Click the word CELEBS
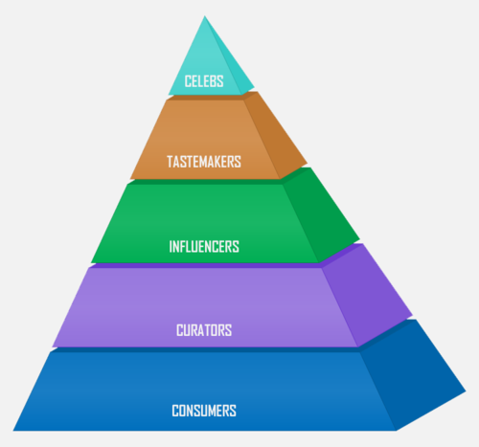pyautogui.click(x=204, y=81)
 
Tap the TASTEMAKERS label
pyautogui.click(x=204, y=162)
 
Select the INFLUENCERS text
pyautogui.click(x=204, y=247)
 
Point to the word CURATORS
pyautogui.click(x=204, y=330)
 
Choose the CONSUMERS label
pyautogui.click(x=204, y=411)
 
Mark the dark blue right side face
pyautogui.click(x=412, y=376)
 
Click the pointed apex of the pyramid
pyautogui.click(x=205, y=16)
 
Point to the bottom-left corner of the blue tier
pyautogui.click(x=13, y=431)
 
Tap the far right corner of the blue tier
pyautogui.click(x=466, y=391)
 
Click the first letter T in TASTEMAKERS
pyautogui.click(x=170, y=162)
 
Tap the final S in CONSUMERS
pyautogui.click(x=233, y=411)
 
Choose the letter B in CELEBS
pyautogui.click(x=213, y=81)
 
